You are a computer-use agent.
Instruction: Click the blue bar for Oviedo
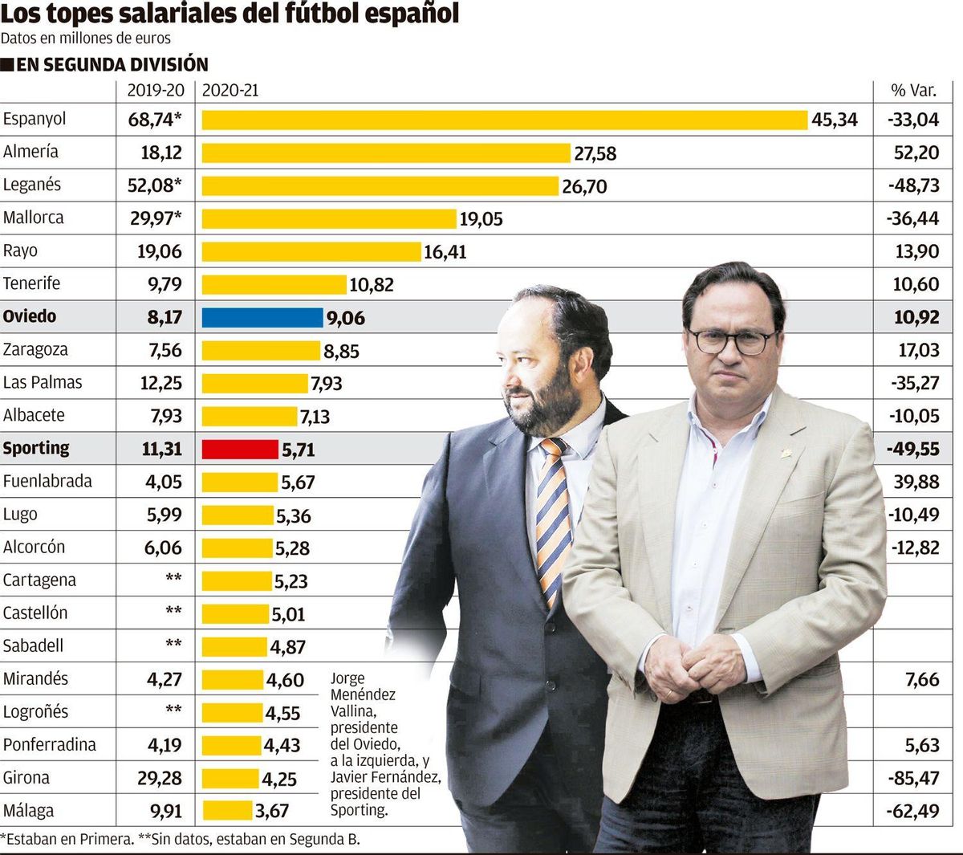pyautogui.click(x=262, y=317)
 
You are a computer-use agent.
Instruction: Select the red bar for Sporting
pyautogui.click(x=239, y=449)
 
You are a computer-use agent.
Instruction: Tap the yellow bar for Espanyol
pyautogui.click(x=504, y=120)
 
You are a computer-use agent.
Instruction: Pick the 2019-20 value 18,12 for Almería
pyautogui.click(x=160, y=153)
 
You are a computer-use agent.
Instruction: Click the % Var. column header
pyautogui.click(x=913, y=90)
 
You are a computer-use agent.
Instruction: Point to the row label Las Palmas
pyautogui.click(x=43, y=383)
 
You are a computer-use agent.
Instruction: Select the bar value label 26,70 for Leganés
pyautogui.click(x=584, y=186)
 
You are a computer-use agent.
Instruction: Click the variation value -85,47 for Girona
pyautogui.click(x=913, y=778)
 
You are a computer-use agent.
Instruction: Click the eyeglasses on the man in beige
pyautogui.click(x=731, y=341)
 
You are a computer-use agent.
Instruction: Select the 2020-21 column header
pyautogui.click(x=230, y=90)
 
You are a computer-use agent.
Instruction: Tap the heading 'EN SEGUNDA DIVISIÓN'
pyautogui.click(x=112, y=65)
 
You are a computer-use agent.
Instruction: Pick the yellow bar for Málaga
pyautogui.click(x=226, y=811)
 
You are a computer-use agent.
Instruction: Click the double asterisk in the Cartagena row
pyautogui.click(x=173, y=579)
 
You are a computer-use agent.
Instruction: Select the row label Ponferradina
pyautogui.click(x=50, y=745)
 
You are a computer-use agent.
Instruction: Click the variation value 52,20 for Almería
pyautogui.click(x=916, y=153)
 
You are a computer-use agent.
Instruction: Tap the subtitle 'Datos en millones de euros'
pyautogui.click(x=86, y=38)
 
